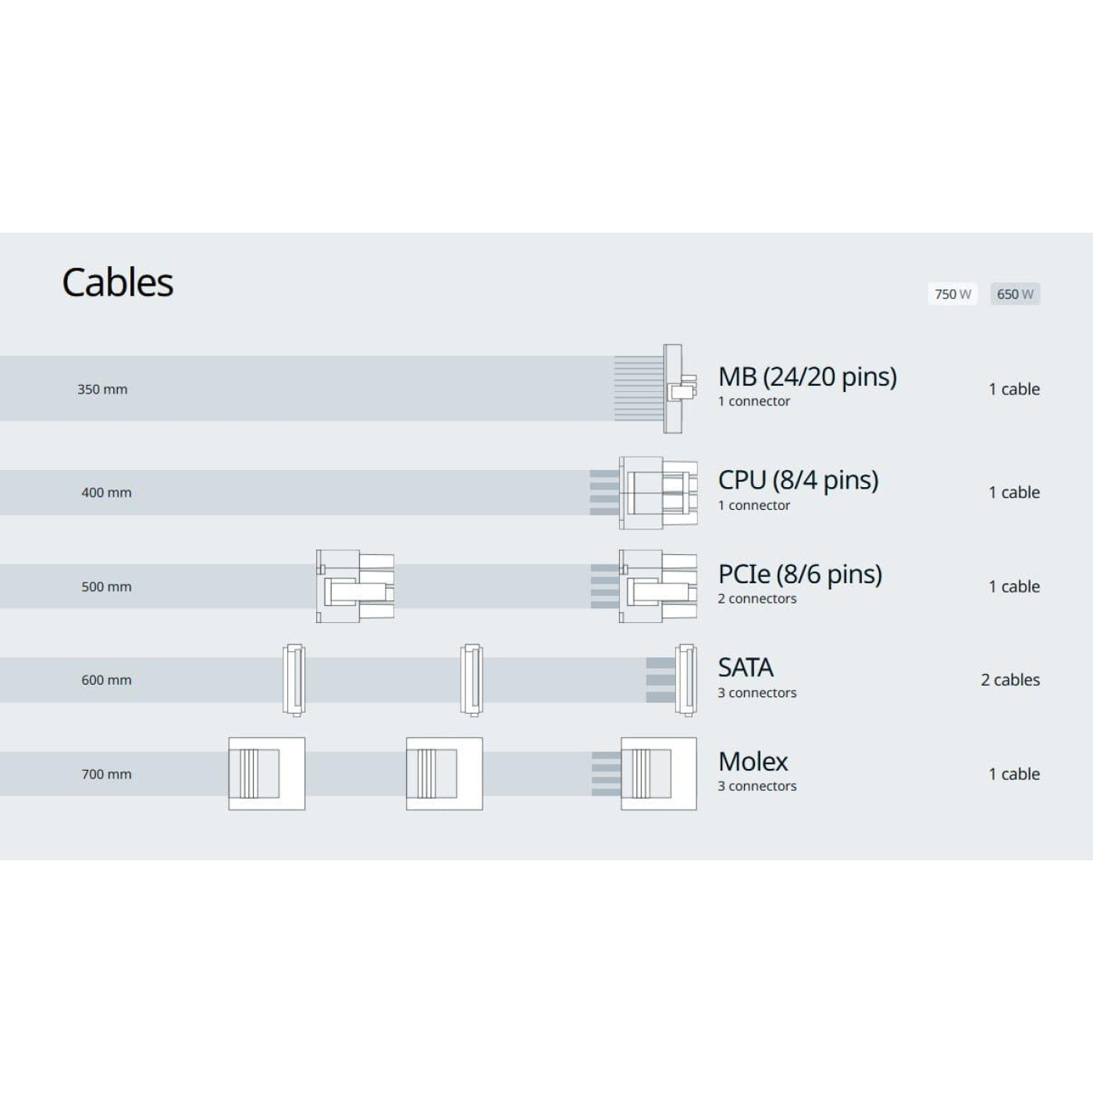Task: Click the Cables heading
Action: click(117, 283)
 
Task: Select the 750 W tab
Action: click(952, 294)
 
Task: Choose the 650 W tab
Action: click(1015, 294)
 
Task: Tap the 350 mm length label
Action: click(102, 390)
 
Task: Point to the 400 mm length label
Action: click(106, 493)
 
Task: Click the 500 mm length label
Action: click(106, 587)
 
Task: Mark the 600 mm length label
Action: click(106, 680)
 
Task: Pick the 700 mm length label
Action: click(106, 774)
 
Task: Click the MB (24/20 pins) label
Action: click(807, 377)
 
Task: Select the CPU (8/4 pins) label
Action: click(798, 480)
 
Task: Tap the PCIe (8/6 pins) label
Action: click(799, 575)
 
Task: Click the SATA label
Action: click(746, 668)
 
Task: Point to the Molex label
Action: click(753, 762)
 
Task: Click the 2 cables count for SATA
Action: click(1010, 680)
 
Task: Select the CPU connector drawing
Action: click(658, 493)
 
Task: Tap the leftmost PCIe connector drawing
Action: click(355, 586)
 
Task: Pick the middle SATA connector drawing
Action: click(472, 680)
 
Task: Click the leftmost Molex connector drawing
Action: click(266, 774)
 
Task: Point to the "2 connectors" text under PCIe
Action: click(757, 599)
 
